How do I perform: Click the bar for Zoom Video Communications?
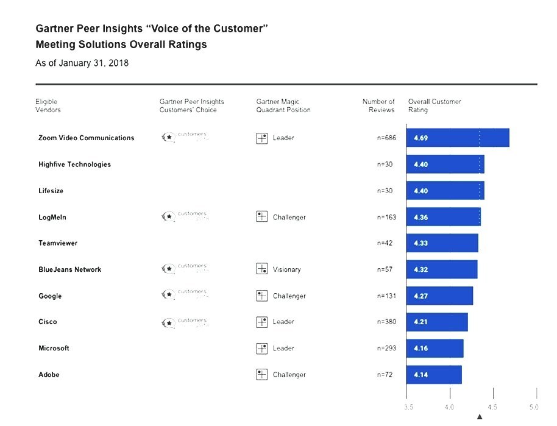point(457,138)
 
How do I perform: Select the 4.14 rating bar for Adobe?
point(434,374)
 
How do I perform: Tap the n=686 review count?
point(386,138)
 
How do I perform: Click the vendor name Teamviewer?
point(58,243)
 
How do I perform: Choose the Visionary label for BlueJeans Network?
point(286,269)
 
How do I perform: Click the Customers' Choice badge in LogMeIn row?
point(186,216)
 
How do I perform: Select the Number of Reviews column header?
point(378,105)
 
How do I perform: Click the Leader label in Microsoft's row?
point(283,348)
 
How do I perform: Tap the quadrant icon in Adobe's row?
point(262,374)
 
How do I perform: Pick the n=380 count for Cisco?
point(386,322)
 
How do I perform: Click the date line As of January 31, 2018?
point(82,63)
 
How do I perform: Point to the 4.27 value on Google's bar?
point(420,296)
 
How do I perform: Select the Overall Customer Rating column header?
point(435,105)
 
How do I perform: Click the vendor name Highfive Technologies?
point(74,165)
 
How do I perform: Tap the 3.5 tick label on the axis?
point(409,406)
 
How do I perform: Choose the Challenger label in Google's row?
point(289,296)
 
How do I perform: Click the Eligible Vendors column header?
point(48,105)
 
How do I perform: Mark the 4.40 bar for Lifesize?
point(445,191)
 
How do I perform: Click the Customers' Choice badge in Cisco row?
point(186,321)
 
